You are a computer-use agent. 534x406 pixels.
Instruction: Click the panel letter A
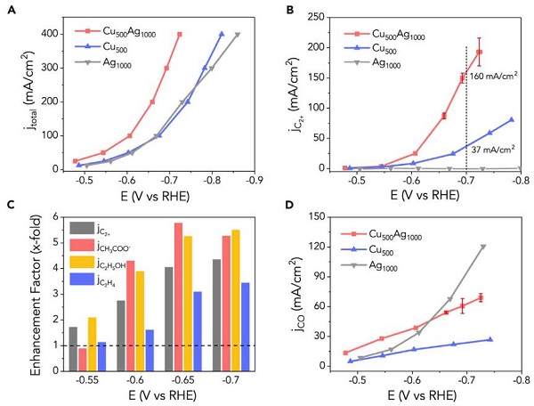pos(12,11)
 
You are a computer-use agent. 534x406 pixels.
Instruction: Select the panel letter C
pos(12,208)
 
